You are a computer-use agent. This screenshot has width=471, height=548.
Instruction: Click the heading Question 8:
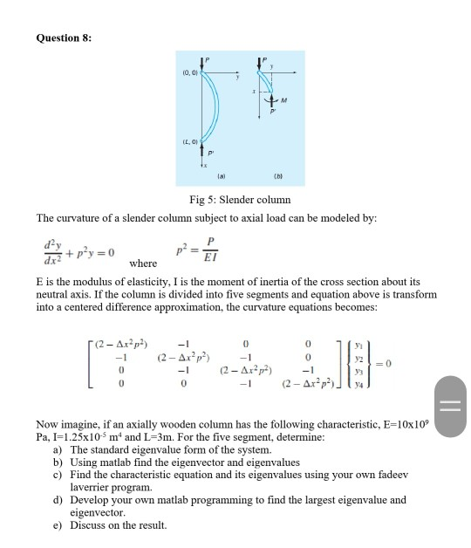tap(64, 38)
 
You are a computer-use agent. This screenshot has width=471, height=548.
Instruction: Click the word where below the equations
tap(142, 264)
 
